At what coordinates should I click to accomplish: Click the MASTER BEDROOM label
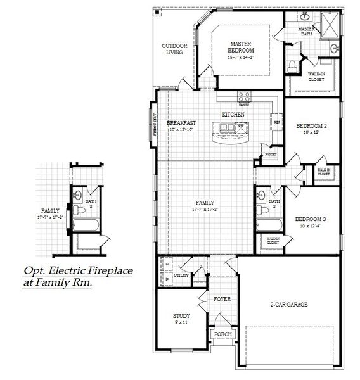tap(241, 47)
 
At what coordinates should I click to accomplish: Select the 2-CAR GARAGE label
tap(288, 305)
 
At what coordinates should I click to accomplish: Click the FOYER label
tap(222, 299)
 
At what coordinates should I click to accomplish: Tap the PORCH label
tap(222, 334)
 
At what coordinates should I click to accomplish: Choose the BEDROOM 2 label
tap(311, 125)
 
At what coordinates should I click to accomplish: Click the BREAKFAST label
tap(181, 122)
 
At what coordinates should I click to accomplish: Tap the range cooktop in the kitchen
tap(243, 97)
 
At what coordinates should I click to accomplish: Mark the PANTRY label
tap(271, 154)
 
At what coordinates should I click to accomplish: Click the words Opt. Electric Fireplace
tap(78, 271)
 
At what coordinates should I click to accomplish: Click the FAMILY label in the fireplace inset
tap(50, 210)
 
